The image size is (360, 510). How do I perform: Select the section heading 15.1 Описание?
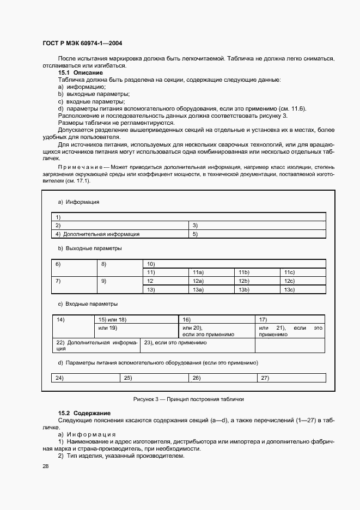tap(81, 72)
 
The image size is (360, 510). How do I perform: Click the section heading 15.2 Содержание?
tap(84, 414)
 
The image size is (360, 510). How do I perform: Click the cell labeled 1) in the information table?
tap(188, 217)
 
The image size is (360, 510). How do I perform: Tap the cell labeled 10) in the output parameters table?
tap(233, 264)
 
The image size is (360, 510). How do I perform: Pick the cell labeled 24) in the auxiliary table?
tap(86, 378)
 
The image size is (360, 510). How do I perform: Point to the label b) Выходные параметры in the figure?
tap(90, 248)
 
